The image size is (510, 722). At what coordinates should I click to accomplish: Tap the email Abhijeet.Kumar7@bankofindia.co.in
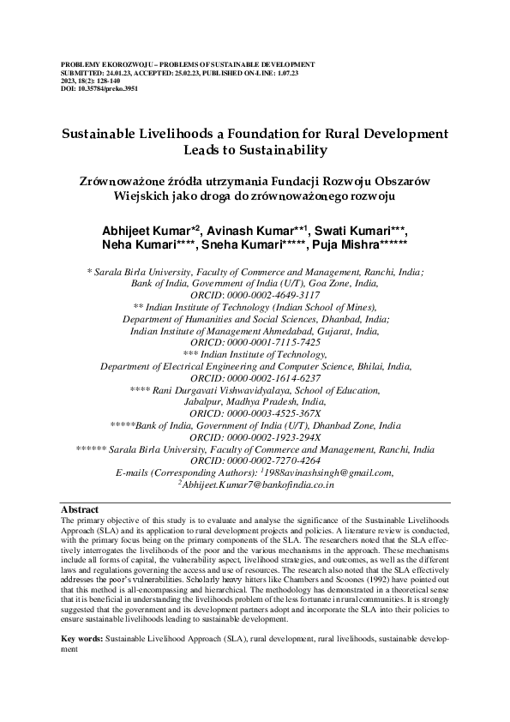point(257,484)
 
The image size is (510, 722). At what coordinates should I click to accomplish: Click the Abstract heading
point(81,509)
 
